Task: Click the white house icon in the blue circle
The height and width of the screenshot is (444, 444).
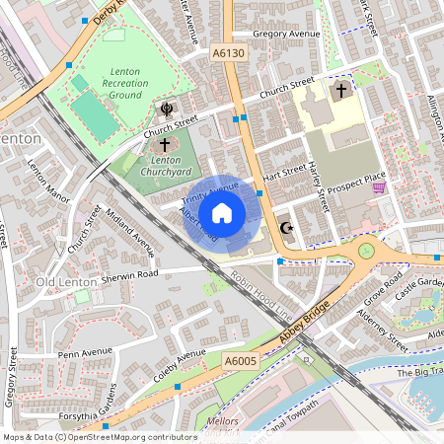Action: (x=222, y=212)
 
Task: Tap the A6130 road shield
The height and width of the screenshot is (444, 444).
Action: (x=228, y=51)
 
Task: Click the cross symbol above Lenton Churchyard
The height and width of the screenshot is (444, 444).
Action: (x=164, y=145)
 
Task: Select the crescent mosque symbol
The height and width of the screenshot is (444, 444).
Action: (x=287, y=228)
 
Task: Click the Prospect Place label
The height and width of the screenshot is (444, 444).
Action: (x=356, y=178)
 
